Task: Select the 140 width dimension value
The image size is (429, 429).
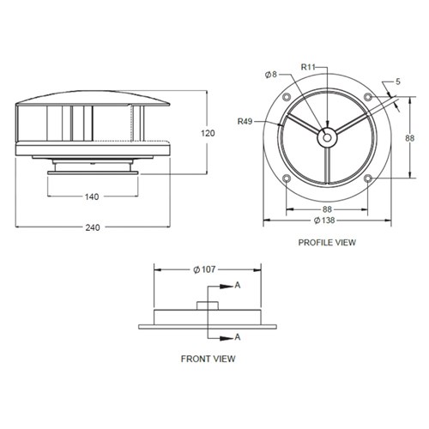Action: point(93,196)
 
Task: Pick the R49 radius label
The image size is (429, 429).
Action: point(245,123)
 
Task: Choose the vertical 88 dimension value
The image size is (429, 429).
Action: point(410,136)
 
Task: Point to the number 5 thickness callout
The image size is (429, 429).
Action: point(399,82)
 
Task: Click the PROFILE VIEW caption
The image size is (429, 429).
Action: point(326,243)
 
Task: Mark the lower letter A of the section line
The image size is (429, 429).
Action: point(237,336)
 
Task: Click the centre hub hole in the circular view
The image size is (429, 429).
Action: point(326,136)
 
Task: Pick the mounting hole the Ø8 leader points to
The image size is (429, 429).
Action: point(286,95)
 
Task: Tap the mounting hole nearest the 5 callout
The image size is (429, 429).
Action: point(367,96)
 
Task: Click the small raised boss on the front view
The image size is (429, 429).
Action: point(207,305)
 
